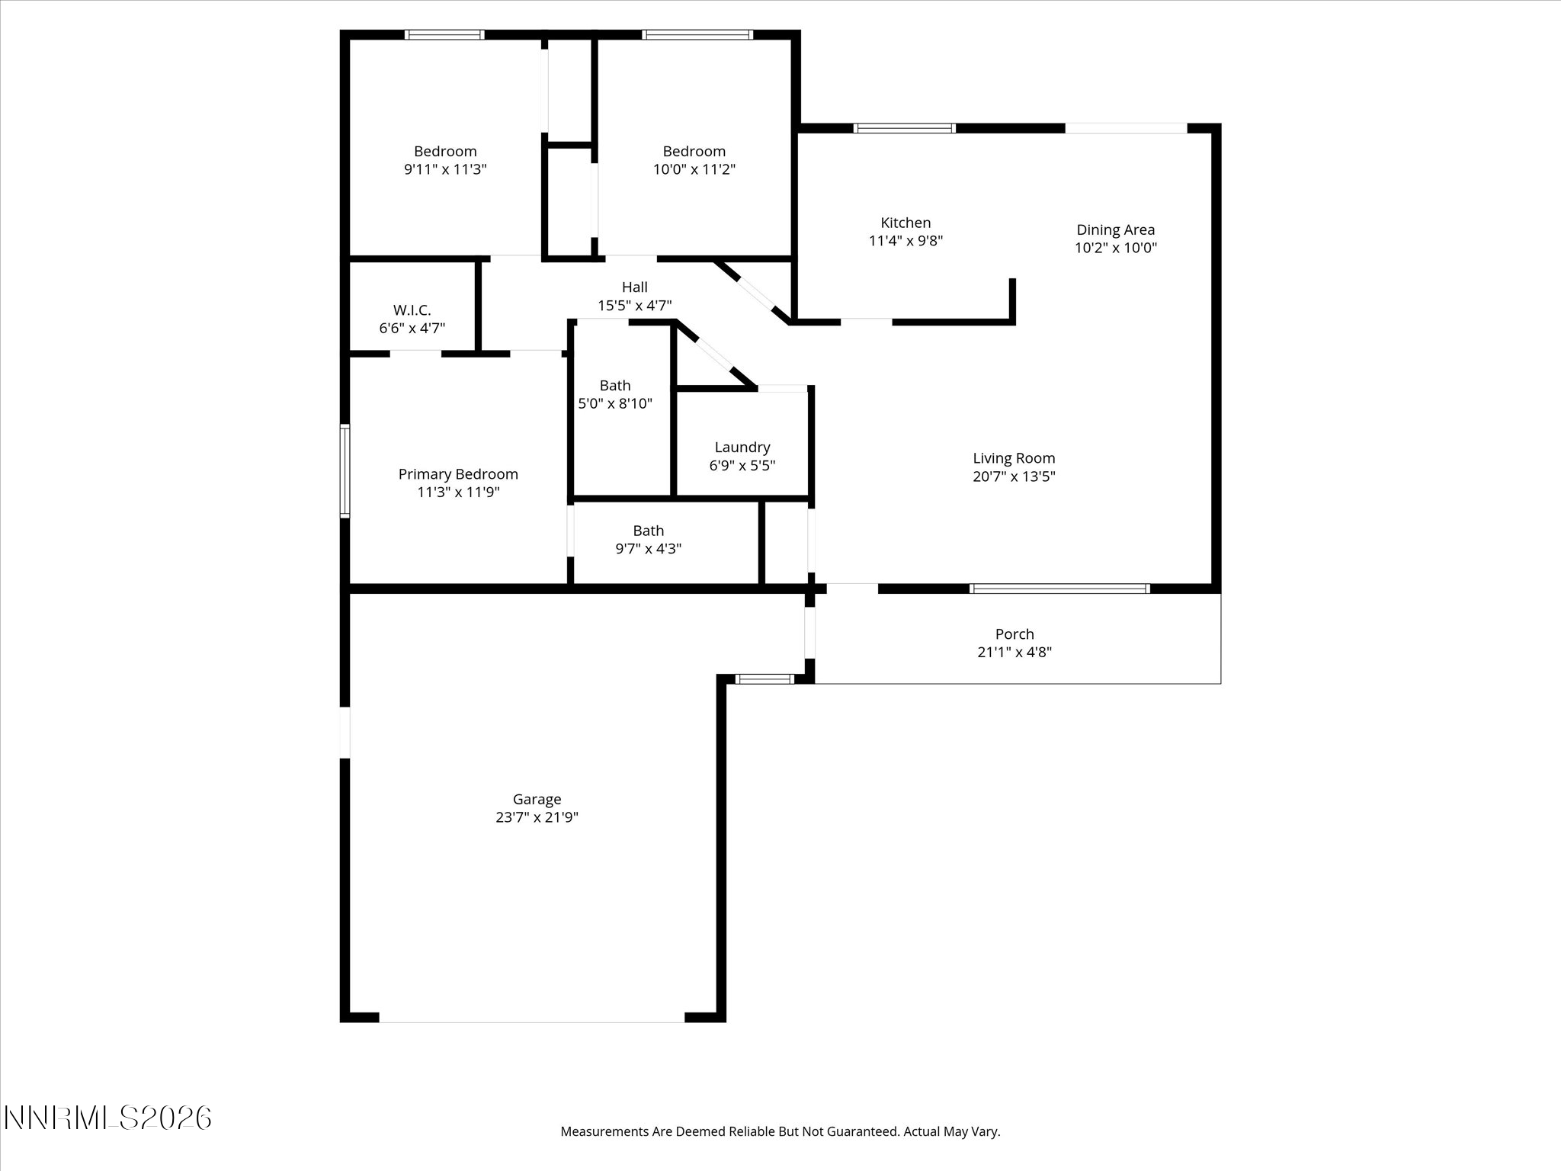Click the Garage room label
[x=537, y=799]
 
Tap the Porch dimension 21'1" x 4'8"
[x=1014, y=652]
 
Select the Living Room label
[x=1014, y=458]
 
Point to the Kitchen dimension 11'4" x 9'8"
[x=906, y=241]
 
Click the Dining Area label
[x=1115, y=229]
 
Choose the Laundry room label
[x=742, y=448]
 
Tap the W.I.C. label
[x=412, y=310]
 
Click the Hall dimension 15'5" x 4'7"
[x=634, y=306]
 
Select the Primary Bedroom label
[x=457, y=474]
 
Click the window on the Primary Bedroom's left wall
[x=345, y=471]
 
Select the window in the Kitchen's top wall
[x=904, y=128]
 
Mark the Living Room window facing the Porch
[x=1059, y=589]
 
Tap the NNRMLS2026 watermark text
[x=107, y=1118]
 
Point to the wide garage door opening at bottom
[x=531, y=1017]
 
